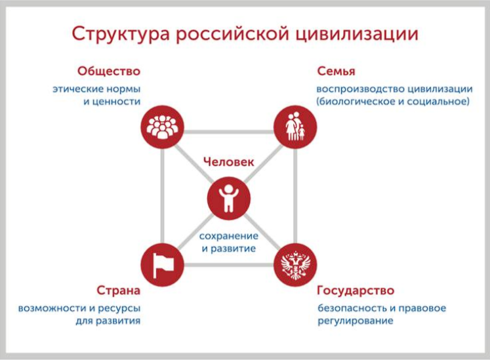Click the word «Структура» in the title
(x=121, y=34)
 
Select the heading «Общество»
(x=109, y=71)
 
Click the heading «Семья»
(x=337, y=71)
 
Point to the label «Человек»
(x=229, y=162)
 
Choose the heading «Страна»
(x=119, y=290)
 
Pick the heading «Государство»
(x=356, y=290)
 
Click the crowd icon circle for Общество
(x=162, y=127)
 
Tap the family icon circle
(x=295, y=127)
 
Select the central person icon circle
(x=229, y=198)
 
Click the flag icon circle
(x=162, y=265)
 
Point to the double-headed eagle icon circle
(x=295, y=265)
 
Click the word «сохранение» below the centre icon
(x=229, y=236)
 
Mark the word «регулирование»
(x=356, y=321)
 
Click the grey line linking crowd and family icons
(x=229, y=132)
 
